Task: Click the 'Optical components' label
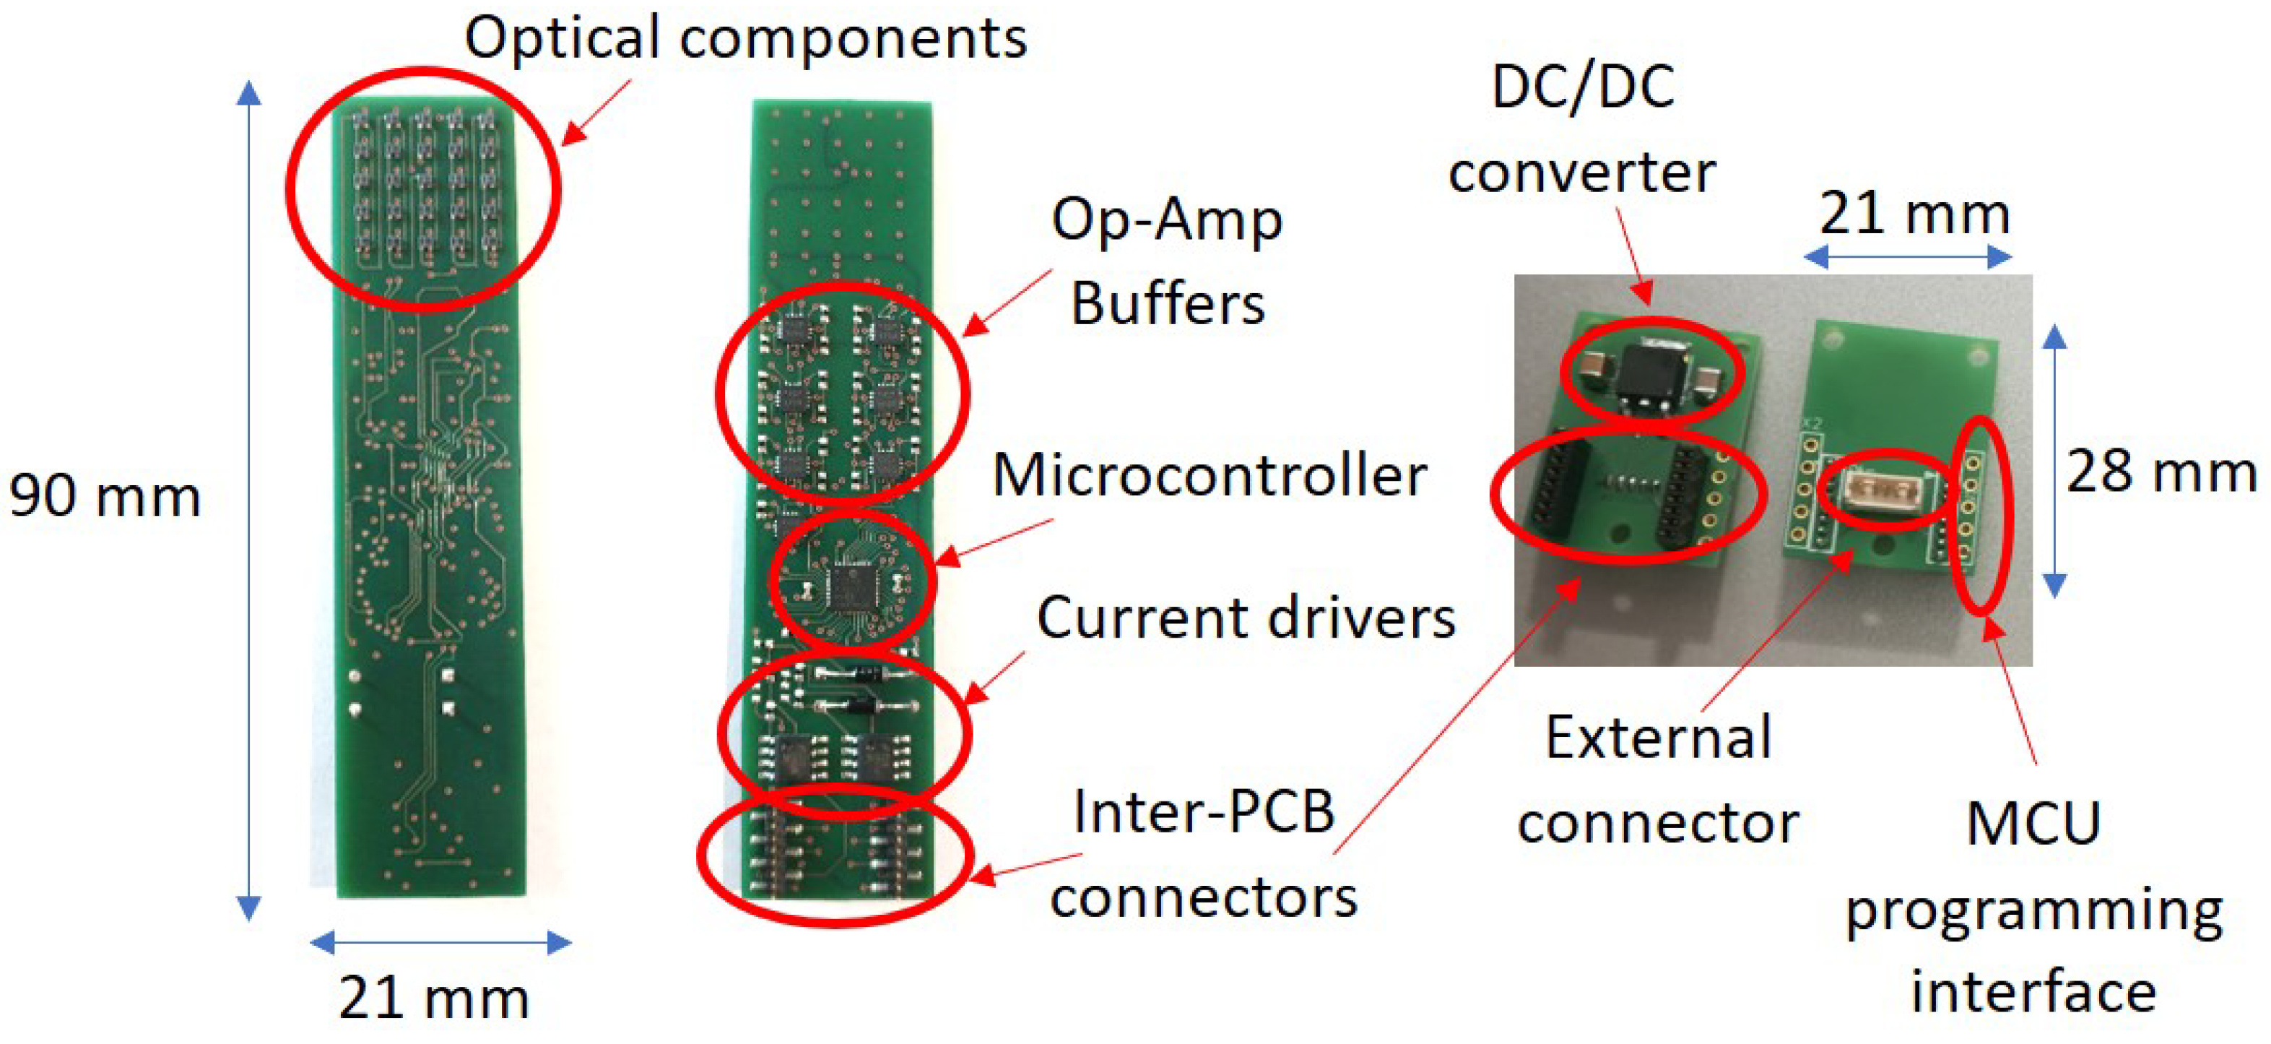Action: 746,39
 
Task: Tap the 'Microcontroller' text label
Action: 1209,476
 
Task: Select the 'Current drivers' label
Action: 1246,617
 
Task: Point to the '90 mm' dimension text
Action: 104,497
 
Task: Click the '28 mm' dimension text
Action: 2161,471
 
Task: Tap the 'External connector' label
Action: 1657,780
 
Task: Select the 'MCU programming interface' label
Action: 2034,908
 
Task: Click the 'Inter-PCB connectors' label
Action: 1204,853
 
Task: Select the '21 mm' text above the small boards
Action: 1914,214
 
